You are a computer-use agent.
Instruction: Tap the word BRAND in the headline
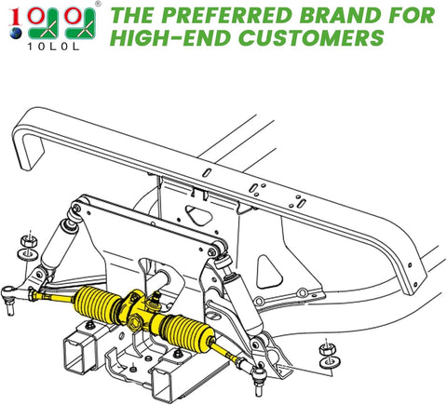(x=330, y=16)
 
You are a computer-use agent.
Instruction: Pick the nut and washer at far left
(x=28, y=249)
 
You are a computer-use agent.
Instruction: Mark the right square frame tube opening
(x=175, y=386)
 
